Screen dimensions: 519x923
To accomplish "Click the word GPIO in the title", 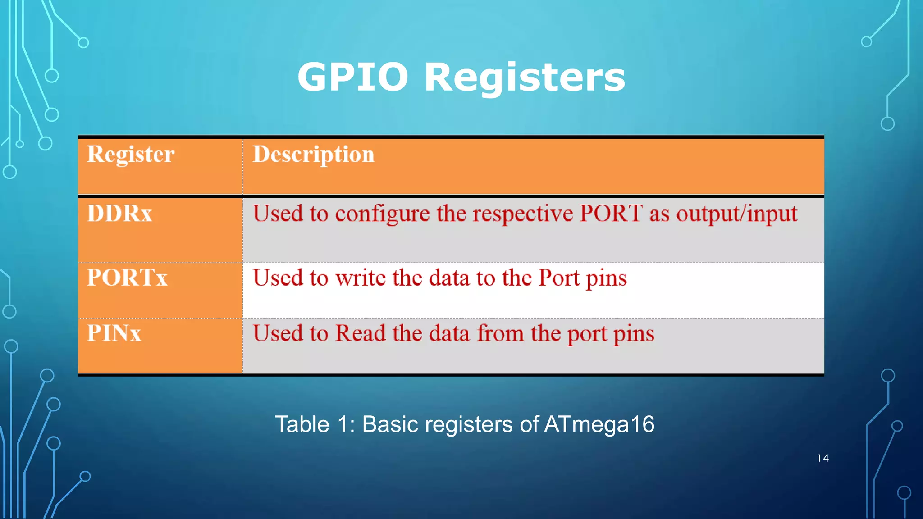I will pos(352,77).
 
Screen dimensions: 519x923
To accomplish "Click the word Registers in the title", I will pos(525,77).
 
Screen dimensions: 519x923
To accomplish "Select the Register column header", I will pos(130,155).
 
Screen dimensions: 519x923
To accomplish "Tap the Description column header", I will pos(313,155).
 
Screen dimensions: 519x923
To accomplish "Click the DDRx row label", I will pos(119,213).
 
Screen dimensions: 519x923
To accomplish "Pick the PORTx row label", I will pos(127,277).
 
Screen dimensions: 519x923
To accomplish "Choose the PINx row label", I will pos(114,333).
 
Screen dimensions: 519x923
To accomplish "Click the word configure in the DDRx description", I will pos(382,214).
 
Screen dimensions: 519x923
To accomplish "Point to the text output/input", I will pos(736,214).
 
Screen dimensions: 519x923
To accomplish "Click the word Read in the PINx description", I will pos(361,333).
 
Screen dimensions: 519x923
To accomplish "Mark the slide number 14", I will pos(822,458).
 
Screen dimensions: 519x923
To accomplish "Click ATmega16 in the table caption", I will pos(599,424).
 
